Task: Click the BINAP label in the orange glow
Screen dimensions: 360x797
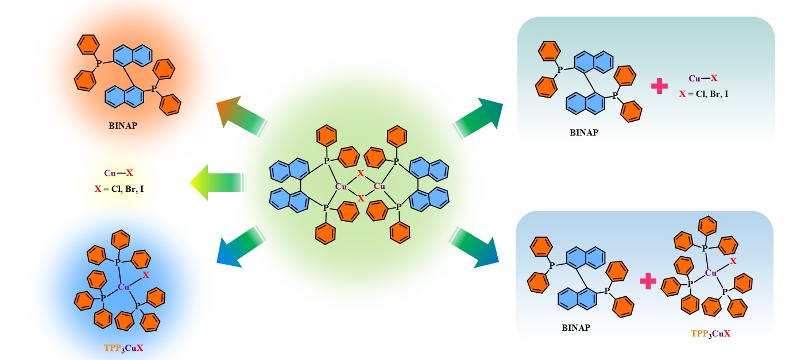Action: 123,125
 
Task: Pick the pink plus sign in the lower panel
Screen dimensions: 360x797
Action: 648,281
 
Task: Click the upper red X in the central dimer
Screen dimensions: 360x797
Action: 360,173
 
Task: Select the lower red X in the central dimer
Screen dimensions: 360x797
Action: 361,198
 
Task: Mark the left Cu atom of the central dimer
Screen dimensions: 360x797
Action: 341,186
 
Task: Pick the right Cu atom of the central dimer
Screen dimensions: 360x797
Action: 380,186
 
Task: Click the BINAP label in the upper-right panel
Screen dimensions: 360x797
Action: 584,133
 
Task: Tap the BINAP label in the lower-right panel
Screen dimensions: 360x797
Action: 576,328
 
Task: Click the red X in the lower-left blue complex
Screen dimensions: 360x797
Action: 146,276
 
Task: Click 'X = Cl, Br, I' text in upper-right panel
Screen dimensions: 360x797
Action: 703,93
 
